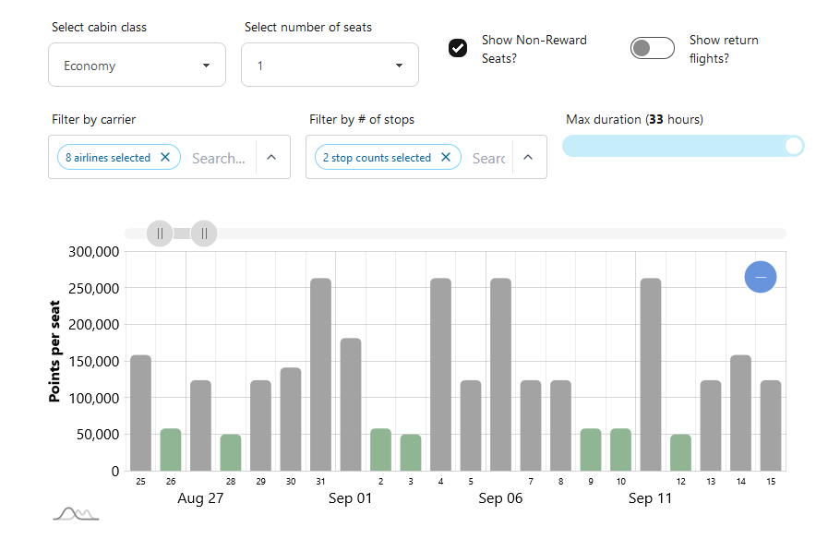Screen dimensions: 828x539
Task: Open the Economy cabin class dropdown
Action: pyautogui.click(x=137, y=65)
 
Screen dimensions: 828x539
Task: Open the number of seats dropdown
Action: pyautogui.click(x=330, y=65)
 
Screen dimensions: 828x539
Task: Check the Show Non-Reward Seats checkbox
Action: pyautogui.click(x=458, y=48)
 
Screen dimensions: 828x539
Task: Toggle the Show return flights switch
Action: pyautogui.click(x=653, y=48)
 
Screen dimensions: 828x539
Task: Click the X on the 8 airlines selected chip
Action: pyautogui.click(x=165, y=157)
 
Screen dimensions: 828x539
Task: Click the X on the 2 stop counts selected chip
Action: pyautogui.click(x=446, y=157)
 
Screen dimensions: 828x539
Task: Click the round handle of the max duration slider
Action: pyautogui.click(x=794, y=146)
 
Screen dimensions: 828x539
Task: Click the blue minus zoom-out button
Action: pyautogui.click(x=761, y=277)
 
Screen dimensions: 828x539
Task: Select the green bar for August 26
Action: pyautogui.click(x=171, y=449)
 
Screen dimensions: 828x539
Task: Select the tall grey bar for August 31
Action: pyautogui.click(x=320, y=375)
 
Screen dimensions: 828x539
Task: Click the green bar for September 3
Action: pyautogui.click(x=411, y=452)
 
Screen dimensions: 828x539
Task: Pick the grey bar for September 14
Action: pyautogui.click(x=741, y=413)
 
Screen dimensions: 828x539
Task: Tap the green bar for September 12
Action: pyautogui.click(x=680, y=452)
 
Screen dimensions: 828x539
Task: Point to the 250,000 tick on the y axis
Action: pyautogui.click(x=94, y=288)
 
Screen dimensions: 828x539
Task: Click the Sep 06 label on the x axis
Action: pyautogui.click(x=500, y=498)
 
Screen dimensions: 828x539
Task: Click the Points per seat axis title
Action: pyautogui.click(x=54, y=351)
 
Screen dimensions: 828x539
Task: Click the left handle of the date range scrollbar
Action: pyautogui.click(x=160, y=234)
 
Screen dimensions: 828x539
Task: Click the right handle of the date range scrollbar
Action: pyautogui.click(x=204, y=234)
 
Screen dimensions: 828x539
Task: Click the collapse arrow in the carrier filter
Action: pyautogui.click(x=271, y=157)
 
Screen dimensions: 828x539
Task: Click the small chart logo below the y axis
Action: pyautogui.click(x=76, y=513)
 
